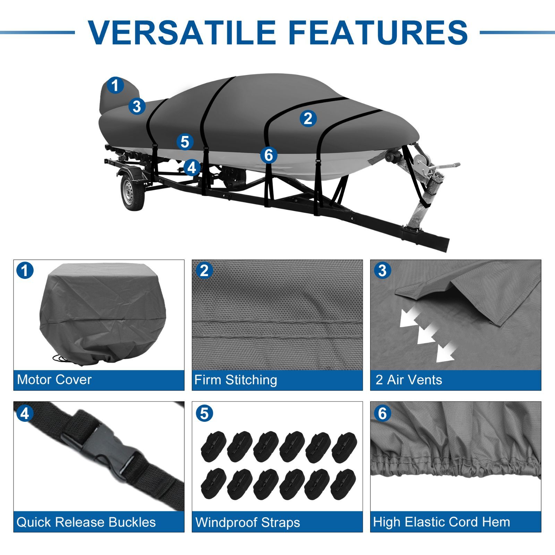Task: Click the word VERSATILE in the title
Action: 182,32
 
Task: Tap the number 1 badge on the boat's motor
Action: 115,85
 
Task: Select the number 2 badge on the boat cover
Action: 308,118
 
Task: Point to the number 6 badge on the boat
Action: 269,155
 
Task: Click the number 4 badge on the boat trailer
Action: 192,168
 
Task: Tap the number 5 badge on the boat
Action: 185,142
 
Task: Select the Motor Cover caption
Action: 54,379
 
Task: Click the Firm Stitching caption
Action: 236,380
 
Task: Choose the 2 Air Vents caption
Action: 409,380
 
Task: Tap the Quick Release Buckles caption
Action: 86,522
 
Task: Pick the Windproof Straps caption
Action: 248,522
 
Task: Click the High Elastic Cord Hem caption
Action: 442,522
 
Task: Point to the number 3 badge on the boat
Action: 137,106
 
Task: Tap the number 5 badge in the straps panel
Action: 204,413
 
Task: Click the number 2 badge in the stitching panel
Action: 204,271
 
